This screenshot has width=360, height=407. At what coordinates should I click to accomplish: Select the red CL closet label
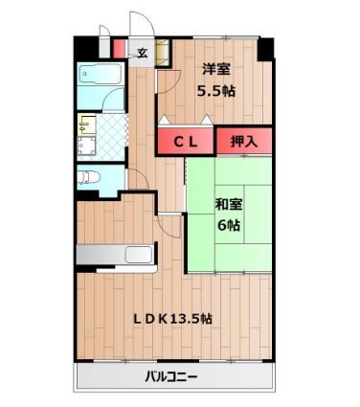(x=186, y=141)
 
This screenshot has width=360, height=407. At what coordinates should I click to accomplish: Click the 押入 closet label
(x=243, y=141)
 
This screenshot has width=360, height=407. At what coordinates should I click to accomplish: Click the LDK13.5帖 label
(x=171, y=319)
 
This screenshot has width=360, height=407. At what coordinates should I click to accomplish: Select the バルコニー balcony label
(x=171, y=377)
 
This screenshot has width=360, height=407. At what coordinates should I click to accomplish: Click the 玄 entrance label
(x=141, y=53)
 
